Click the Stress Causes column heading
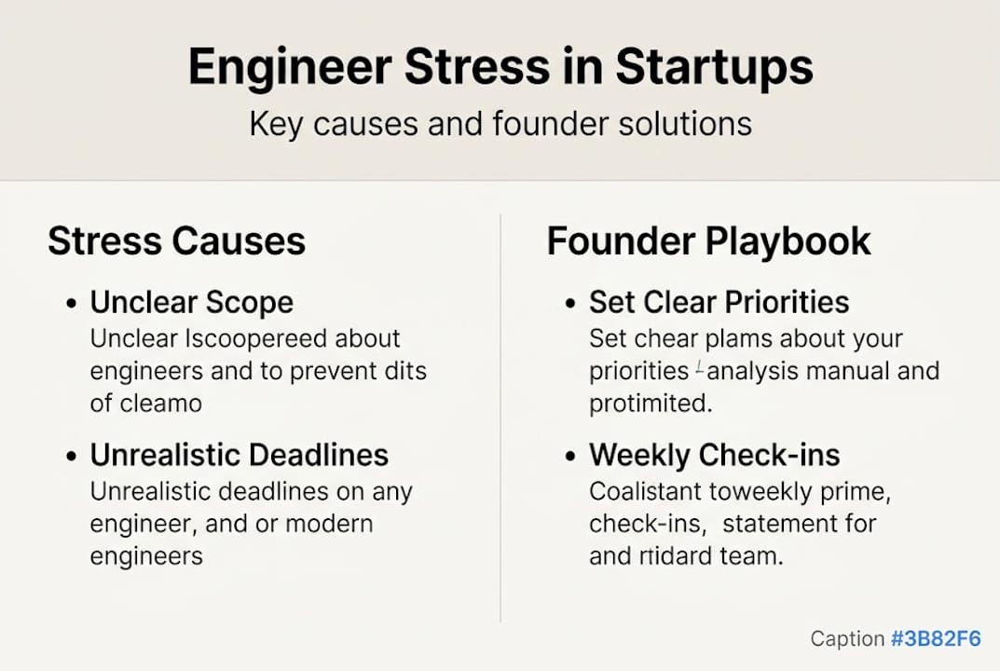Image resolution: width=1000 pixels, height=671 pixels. (x=176, y=241)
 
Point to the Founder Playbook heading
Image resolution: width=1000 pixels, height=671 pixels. (x=708, y=241)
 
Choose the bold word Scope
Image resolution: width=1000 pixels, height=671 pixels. (x=249, y=303)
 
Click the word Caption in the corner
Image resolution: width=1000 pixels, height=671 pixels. (x=846, y=639)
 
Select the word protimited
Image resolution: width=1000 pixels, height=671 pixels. (x=651, y=404)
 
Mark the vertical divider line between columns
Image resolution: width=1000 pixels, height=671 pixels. (x=500, y=419)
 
